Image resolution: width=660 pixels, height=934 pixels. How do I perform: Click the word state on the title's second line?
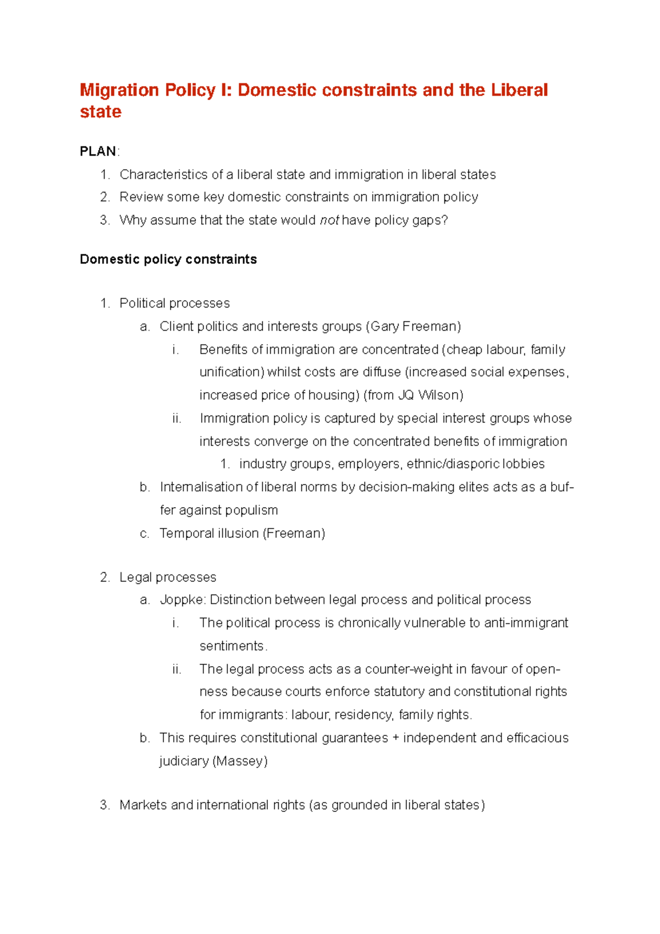coord(100,112)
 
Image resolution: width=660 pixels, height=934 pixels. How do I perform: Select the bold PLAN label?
coord(97,151)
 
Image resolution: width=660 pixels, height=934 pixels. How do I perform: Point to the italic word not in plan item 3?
coord(329,221)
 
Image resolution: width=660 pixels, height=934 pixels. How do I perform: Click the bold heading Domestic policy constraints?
coord(168,260)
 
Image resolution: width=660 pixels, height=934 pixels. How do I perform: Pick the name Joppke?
coord(181,600)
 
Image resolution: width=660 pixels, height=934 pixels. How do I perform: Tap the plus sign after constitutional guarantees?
coord(395,738)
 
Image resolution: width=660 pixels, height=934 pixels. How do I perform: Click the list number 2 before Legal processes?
coord(105,578)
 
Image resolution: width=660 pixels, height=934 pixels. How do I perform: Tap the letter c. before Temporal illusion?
coord(144,534)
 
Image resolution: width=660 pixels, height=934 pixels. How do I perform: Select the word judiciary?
coord(184,761)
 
